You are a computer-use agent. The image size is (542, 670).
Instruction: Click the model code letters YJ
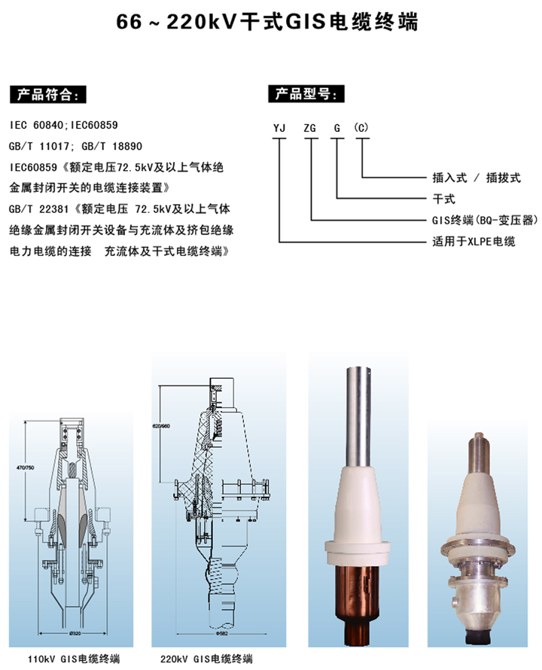coord(279,128)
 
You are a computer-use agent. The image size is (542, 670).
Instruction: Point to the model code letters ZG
coord(310,128)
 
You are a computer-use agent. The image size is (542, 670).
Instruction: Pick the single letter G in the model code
coord(338,128)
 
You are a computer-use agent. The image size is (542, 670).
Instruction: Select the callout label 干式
coord(445,199)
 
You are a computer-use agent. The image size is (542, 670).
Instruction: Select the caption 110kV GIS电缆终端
coord(72,659)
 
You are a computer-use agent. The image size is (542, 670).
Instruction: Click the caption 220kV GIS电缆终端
coord(206,659)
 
